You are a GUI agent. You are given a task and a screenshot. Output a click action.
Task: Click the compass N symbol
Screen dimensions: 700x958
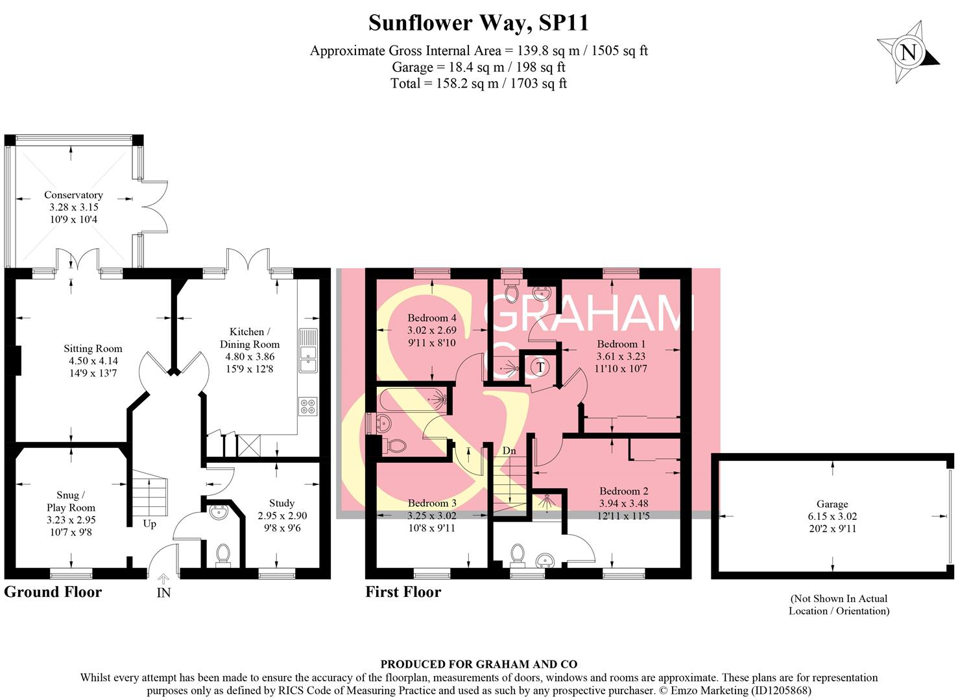tap(909, 52)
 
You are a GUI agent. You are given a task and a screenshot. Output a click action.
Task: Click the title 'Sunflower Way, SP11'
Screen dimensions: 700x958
tap(479, 23)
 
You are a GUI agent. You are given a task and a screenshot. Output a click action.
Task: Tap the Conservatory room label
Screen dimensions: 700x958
tap(73, 195)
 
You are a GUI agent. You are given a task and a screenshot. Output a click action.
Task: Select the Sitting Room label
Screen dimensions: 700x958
tap(93, 349)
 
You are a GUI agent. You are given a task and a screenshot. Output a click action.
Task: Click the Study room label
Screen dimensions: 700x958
tap(282, 503)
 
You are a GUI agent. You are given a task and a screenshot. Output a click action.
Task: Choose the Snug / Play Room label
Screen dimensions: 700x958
tap(71, 502)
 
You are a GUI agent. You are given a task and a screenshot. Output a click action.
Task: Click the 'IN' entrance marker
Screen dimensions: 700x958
tap(163, 592)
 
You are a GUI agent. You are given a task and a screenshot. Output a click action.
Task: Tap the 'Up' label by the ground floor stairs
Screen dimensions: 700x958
tap(150, 524)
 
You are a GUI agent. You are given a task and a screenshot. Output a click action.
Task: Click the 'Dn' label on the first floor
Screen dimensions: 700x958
tap(509, 450)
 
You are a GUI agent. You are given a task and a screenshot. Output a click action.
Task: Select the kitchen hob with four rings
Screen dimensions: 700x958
tap(307, 406)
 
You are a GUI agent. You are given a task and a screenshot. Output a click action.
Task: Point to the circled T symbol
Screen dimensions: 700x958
tap(540, 367)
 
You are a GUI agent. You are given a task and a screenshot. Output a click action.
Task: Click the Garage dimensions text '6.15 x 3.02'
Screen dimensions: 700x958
tap(832, 516)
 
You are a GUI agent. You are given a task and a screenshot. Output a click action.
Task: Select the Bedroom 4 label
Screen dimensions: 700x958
tap(432, 318)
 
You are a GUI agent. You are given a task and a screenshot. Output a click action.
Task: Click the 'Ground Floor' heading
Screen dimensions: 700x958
tap(53, 592)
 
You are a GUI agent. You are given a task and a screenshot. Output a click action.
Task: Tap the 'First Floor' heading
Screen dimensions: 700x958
tap(403, 592)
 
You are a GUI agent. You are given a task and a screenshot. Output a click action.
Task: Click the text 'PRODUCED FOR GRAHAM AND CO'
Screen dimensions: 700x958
tap(479, 664)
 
